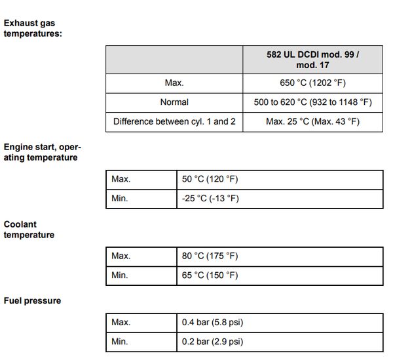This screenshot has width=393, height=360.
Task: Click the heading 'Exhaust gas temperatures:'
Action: (33, 28)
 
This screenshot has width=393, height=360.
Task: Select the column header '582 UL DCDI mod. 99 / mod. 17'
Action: (312, 60)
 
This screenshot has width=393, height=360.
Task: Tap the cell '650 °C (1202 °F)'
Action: (312, 83)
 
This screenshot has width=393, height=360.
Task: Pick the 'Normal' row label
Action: (174, 102)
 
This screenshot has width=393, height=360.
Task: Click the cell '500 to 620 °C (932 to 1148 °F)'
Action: (312, 102)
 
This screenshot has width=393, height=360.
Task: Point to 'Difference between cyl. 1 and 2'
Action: (174, 121)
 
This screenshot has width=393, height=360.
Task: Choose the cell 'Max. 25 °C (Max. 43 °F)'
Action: (312, 121)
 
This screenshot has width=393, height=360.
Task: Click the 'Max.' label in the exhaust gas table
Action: (174, 83)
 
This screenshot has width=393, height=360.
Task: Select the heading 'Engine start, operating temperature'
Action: (42, 152)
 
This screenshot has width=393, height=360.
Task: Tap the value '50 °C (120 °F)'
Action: (210, 179)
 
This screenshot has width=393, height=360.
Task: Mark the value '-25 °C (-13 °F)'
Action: (210, 199)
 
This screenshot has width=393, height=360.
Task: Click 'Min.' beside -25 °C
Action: (120, 199)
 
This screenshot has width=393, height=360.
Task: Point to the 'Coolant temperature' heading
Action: (29, 230)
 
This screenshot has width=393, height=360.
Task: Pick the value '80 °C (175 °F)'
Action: (210, 256)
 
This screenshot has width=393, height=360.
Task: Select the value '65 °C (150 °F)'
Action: (210, 275)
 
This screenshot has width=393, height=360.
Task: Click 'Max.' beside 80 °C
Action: (121, 256)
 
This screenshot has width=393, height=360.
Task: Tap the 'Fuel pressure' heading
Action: (32, 301)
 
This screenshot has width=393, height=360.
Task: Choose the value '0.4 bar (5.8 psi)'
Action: (213, 322)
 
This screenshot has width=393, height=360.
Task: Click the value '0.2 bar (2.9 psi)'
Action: (213, 342)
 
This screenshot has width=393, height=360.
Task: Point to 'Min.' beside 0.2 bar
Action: (120, 342)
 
